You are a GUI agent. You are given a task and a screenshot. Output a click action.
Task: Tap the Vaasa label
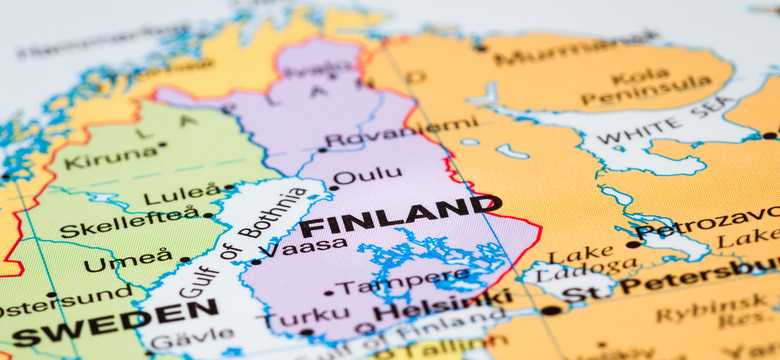tap(297, 248)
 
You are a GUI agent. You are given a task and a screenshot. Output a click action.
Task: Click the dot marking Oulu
tap(335, 185)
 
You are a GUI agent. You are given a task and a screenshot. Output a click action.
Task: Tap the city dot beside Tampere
tap(329, 292)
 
